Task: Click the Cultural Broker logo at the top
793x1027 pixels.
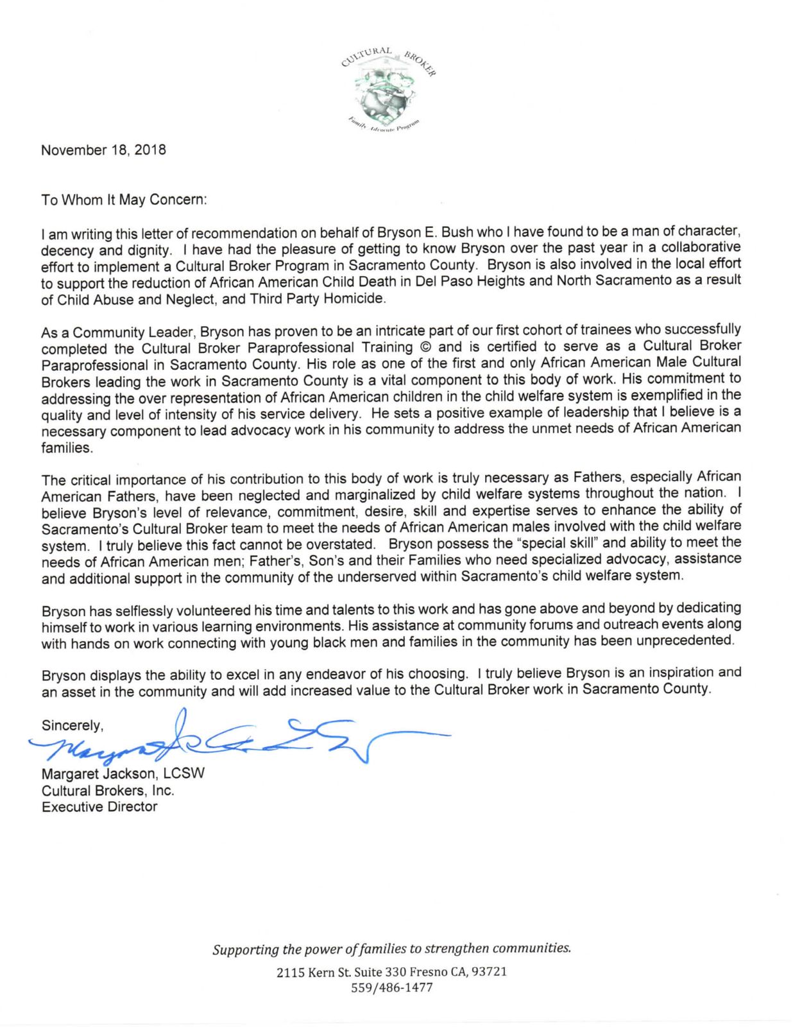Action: (389, 88)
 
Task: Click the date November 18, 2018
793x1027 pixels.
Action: (103, 150)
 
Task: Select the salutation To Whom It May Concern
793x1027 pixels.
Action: (124, 200)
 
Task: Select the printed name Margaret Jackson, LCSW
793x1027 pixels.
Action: (123, 773)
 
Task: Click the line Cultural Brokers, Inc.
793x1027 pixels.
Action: (108, 791)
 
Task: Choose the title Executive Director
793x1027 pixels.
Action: (99, 807)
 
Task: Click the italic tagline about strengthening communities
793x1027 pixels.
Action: (391, 949)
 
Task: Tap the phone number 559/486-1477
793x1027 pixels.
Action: (391, 988)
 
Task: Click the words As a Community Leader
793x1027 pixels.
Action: (117, 332)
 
